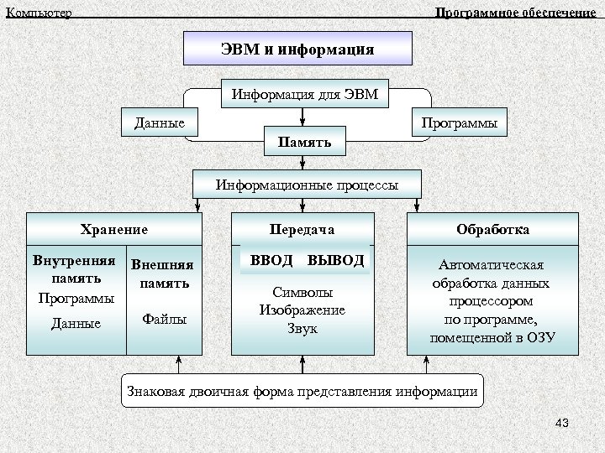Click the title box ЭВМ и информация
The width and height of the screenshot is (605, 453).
(297, 49)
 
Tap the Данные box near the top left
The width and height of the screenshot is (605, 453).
(160, 122)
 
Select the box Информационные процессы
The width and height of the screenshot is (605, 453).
(307, 184)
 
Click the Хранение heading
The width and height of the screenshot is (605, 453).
(114, 228)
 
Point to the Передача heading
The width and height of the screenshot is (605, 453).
(302, 228)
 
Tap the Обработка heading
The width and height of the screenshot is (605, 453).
(492, 228)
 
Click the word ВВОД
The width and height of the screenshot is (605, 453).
(271, 260)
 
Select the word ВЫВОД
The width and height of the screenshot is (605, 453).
(335, 260)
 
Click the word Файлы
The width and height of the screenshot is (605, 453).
(165, 319)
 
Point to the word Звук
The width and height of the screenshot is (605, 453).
(302, 329)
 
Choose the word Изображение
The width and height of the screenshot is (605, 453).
(302, 310)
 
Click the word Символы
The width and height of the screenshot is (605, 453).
(302, 293)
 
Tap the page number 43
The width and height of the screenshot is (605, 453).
(562, 424)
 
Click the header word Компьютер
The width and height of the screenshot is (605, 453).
(39, 13)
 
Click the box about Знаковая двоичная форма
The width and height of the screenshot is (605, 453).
(302, 391)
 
